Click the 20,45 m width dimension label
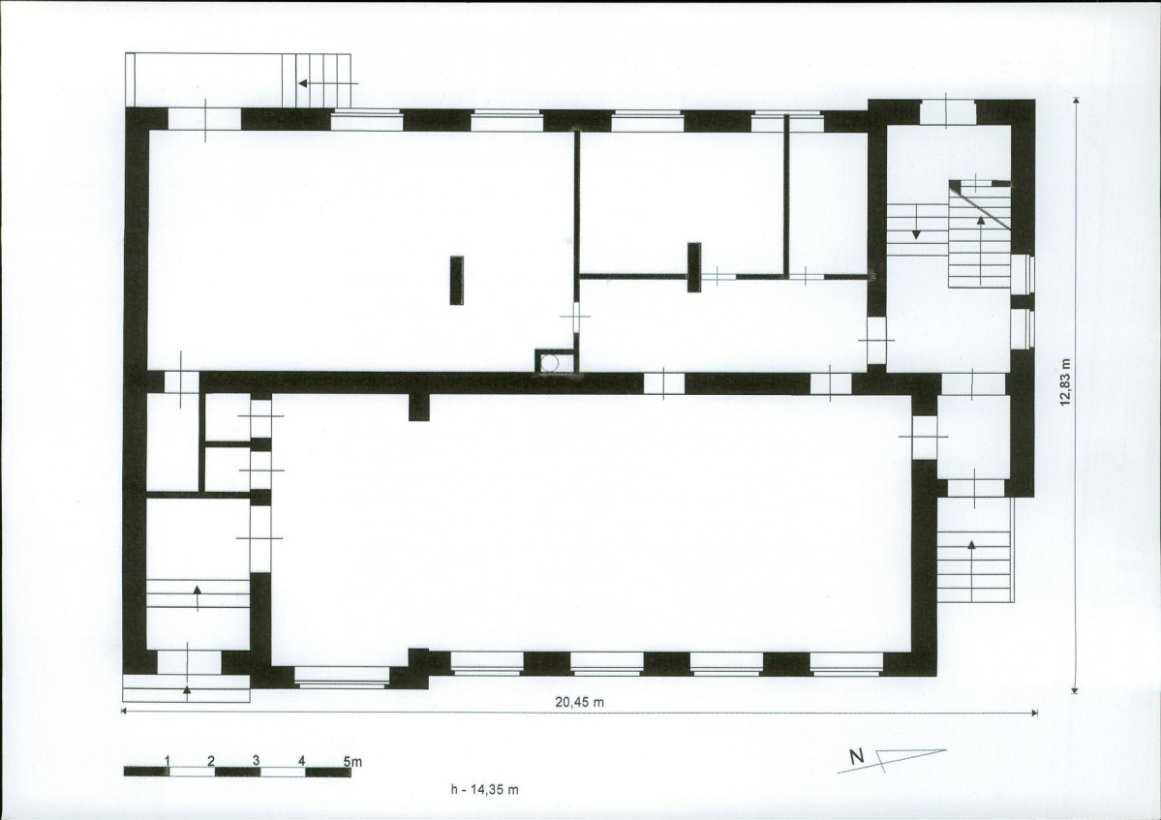click(580, 702)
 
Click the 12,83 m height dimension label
click(1065, 382)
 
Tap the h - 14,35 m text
click(484, 790)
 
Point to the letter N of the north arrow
click(857, 757)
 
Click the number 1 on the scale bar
click(168, 761)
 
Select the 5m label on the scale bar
click(352, 761)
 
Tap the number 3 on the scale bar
click(257, 761)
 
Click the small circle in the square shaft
click(549, 363)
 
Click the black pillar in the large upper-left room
click(457, 281)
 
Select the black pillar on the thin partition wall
click(693, 267)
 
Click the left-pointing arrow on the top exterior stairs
click(328, 83)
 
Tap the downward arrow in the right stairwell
click(916, 223)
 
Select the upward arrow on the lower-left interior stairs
click(197, 598)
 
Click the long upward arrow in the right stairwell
click(981, 249)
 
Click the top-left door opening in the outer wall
click(206, 119)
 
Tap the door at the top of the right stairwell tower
click(948, 112)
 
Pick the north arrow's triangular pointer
click(909, 755)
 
